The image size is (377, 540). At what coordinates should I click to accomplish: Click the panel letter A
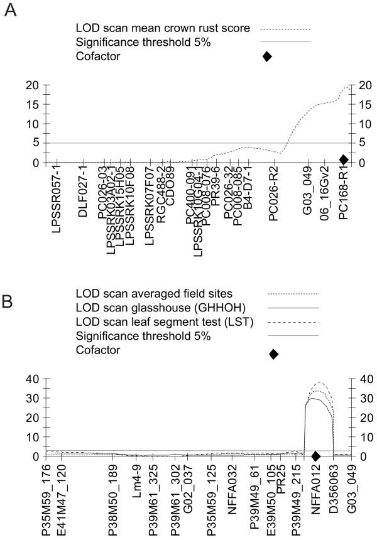click(11, 12)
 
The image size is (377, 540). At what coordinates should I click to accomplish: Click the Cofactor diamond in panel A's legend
click(267, 57)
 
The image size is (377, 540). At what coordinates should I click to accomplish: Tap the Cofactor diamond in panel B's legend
click(273, 354)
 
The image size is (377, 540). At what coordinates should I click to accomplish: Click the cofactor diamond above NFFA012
click(315, 455)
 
